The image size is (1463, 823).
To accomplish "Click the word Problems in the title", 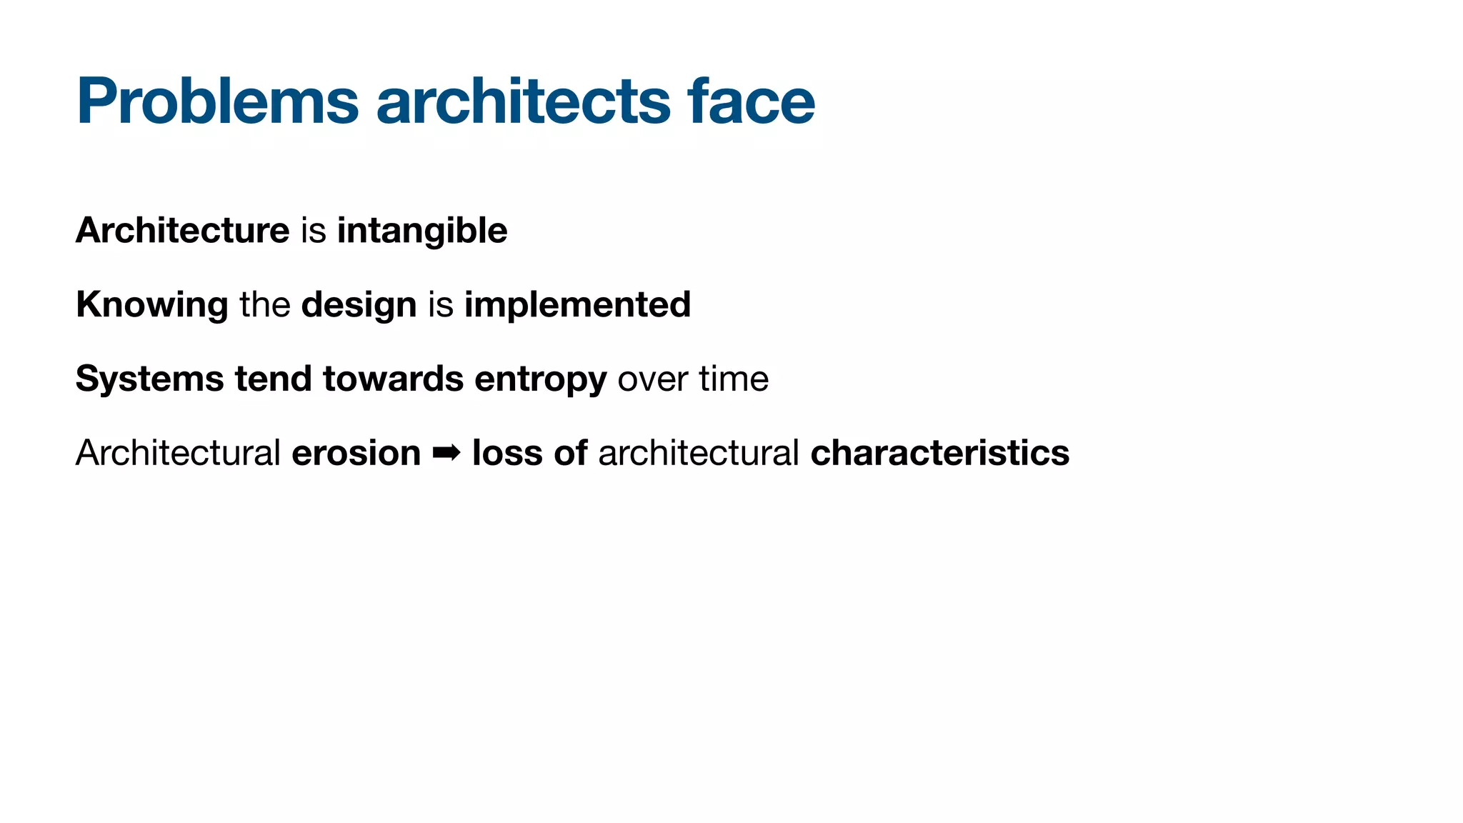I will [x=217, y=101].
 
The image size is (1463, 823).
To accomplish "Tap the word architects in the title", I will [x=523, y=101].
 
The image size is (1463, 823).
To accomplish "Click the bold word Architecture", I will [x=182, y=231].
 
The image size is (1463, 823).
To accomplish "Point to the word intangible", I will [x=422, y=231].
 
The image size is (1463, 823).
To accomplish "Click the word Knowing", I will [x=151, y=305].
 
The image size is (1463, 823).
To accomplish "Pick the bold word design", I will [x=359, y=305].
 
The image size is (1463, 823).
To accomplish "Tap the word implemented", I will [x=577, y=305].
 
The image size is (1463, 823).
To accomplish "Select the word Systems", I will [x=149, y=379].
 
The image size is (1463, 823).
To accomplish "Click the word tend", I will [x=274, y=379].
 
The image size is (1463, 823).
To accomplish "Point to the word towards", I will [x=393, y=379].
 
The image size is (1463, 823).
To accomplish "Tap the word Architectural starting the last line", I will [x=178, y=453].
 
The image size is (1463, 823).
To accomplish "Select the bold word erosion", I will [x=356, y=453].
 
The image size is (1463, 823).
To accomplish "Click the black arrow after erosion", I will [x=446, y=453].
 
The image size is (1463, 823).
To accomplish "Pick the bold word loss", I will [x=507, y=453].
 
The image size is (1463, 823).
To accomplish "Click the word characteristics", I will [x=939, y=453].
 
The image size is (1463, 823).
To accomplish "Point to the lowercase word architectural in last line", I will [x=698, y=453].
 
